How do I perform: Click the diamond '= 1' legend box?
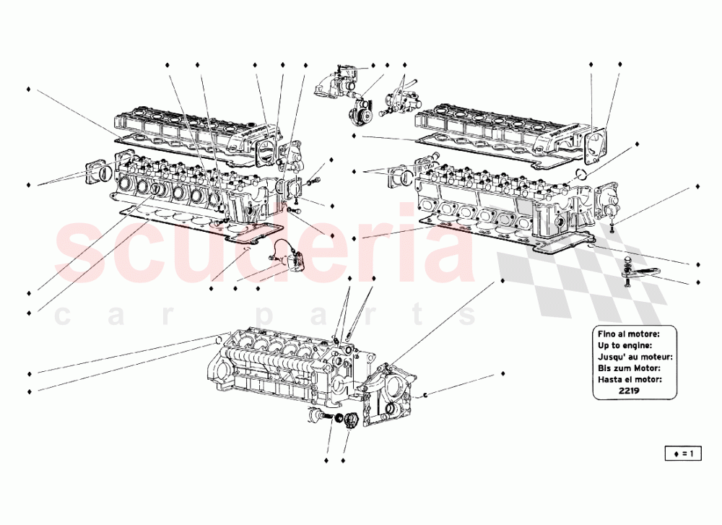tap(682, 454)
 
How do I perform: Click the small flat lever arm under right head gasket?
tap(643, 272)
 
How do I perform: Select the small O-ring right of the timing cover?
tap(427, 394)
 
